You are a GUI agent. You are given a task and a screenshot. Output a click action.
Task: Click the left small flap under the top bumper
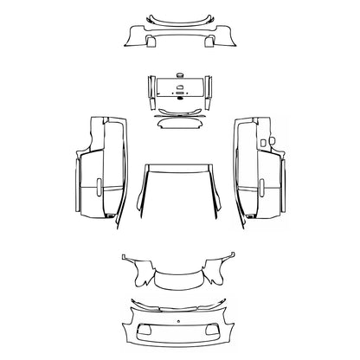pyautogui.click(x=149, y=40)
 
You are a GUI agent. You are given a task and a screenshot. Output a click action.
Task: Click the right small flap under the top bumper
pyautogui.click(x=210, y=40)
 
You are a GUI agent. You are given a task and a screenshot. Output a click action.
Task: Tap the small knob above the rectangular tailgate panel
pyautogui.click(x=180, y=76)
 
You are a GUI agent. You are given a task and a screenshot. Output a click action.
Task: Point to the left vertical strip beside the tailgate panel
pyautogui.click(x=151, y=90)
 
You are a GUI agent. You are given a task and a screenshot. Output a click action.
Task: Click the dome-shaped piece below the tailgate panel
pyautogui.click(x=180, y=122)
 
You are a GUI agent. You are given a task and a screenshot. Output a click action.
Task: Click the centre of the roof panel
pyautogui.click(x=180, y=190)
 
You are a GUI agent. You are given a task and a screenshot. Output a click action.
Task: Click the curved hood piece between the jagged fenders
pyautogui.click(x=180, y=280)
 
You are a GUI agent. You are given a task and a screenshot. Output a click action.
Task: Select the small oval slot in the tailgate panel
pyautogui.click(x=180, y=87)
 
